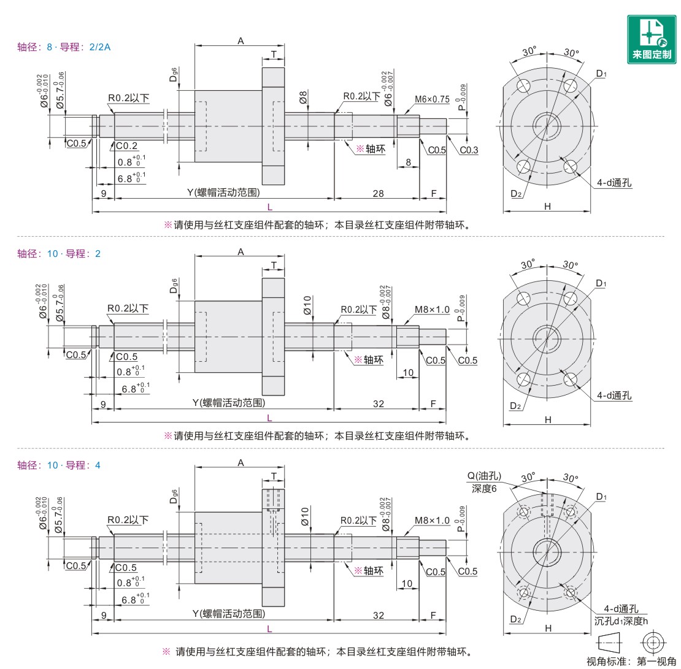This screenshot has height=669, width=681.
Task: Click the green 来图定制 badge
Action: click(652, 39)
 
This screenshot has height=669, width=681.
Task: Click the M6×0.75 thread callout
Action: click(432, 99)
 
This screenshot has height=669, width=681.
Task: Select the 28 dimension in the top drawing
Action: click(379, 193)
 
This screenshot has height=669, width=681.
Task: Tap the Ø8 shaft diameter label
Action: click(303, 97)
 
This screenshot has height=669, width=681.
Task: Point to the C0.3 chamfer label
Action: click(469, 150)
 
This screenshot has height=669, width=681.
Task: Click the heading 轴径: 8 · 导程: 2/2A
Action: click(64, 47)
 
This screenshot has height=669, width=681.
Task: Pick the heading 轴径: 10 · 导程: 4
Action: click(59, 465)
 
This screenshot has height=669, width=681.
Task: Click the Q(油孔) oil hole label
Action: click(484, 476)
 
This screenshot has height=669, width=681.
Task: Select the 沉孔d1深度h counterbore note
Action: click(621, 621)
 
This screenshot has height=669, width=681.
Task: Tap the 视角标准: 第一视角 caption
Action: click(631, 661)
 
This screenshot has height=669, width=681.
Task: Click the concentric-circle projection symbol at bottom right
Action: click(653, 642)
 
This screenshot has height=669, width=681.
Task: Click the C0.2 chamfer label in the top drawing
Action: click(126, 146)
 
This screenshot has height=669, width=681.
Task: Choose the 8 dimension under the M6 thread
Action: click(408, 162)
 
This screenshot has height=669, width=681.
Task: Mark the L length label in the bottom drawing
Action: click(269, 629)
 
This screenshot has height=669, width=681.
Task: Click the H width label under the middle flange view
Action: click(548, 420)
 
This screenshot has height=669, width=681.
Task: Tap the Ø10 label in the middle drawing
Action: click(307, 305)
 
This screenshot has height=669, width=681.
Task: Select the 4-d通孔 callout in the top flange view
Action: click(614, 183)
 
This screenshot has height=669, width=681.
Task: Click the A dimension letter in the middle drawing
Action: click(240, 252)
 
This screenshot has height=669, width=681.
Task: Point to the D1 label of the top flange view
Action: click(601, 74)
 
